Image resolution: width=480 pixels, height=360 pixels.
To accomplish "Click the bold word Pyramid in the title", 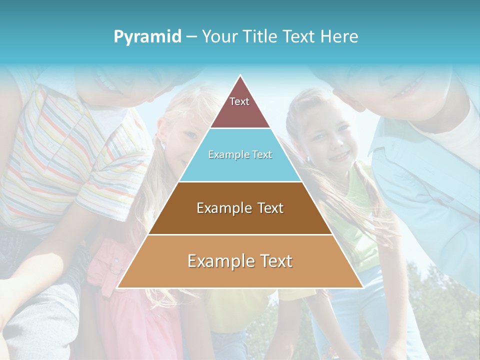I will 147,37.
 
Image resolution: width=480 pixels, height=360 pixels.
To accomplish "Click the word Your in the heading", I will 219,36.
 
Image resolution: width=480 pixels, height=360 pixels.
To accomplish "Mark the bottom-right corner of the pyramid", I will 362,287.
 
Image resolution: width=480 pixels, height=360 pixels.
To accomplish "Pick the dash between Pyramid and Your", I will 191,37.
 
